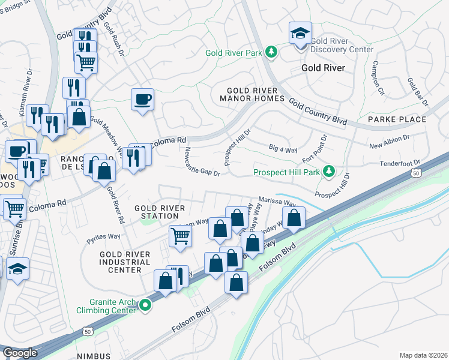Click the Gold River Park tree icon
tap(271, 52)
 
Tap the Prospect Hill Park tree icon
tap(328, 172)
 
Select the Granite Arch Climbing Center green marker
tap(144, 306)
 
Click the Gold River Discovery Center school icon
tap(300, 34)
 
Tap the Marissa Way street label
tap(277, 202)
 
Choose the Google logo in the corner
tap(20, 353)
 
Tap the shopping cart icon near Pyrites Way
tap(179, 236)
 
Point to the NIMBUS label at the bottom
tap(94, 356)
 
